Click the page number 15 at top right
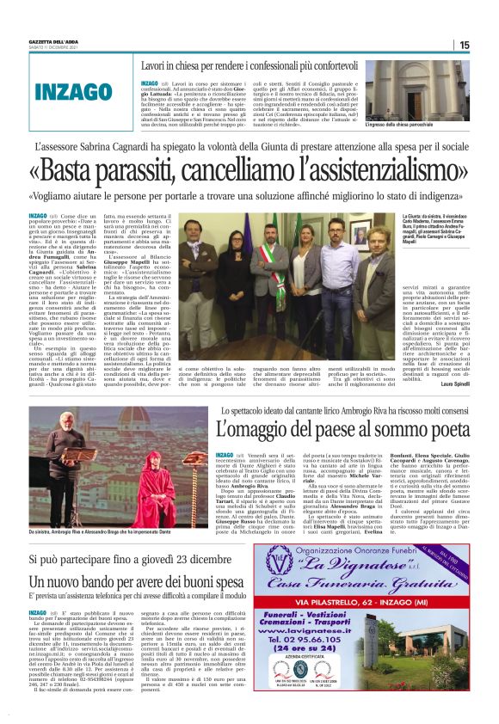[488, 45]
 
